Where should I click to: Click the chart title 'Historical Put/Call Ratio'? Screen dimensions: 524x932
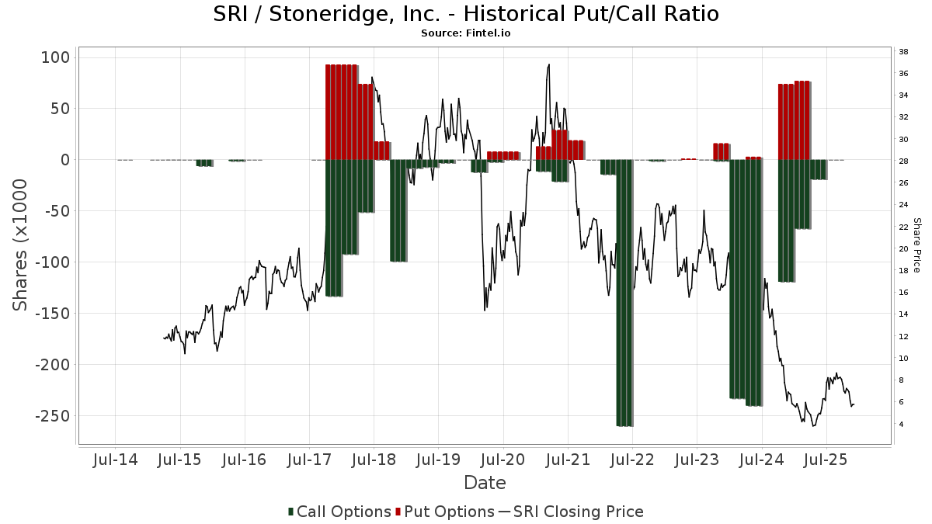click(466, 14)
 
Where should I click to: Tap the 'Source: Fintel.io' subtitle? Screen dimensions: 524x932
click(466, 33)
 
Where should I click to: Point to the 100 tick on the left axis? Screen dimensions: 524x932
click(55, 57)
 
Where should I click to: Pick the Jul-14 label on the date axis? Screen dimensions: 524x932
click(115, 460)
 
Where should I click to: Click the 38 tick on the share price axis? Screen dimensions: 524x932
click(904, 52)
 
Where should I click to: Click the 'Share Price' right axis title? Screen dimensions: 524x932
click(916, 245)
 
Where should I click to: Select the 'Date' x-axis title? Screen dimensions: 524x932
click(485, 483)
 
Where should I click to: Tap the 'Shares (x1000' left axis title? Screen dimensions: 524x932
click(20, 245)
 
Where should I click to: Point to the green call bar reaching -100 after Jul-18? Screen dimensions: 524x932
click(398, 210)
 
